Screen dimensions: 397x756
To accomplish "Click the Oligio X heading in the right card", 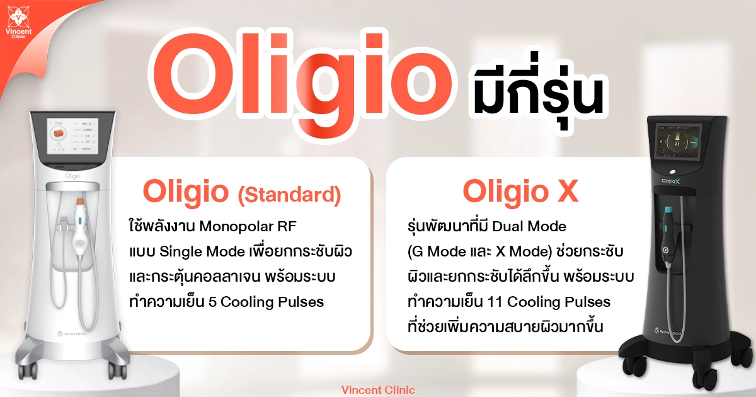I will (x=520, y=192).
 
